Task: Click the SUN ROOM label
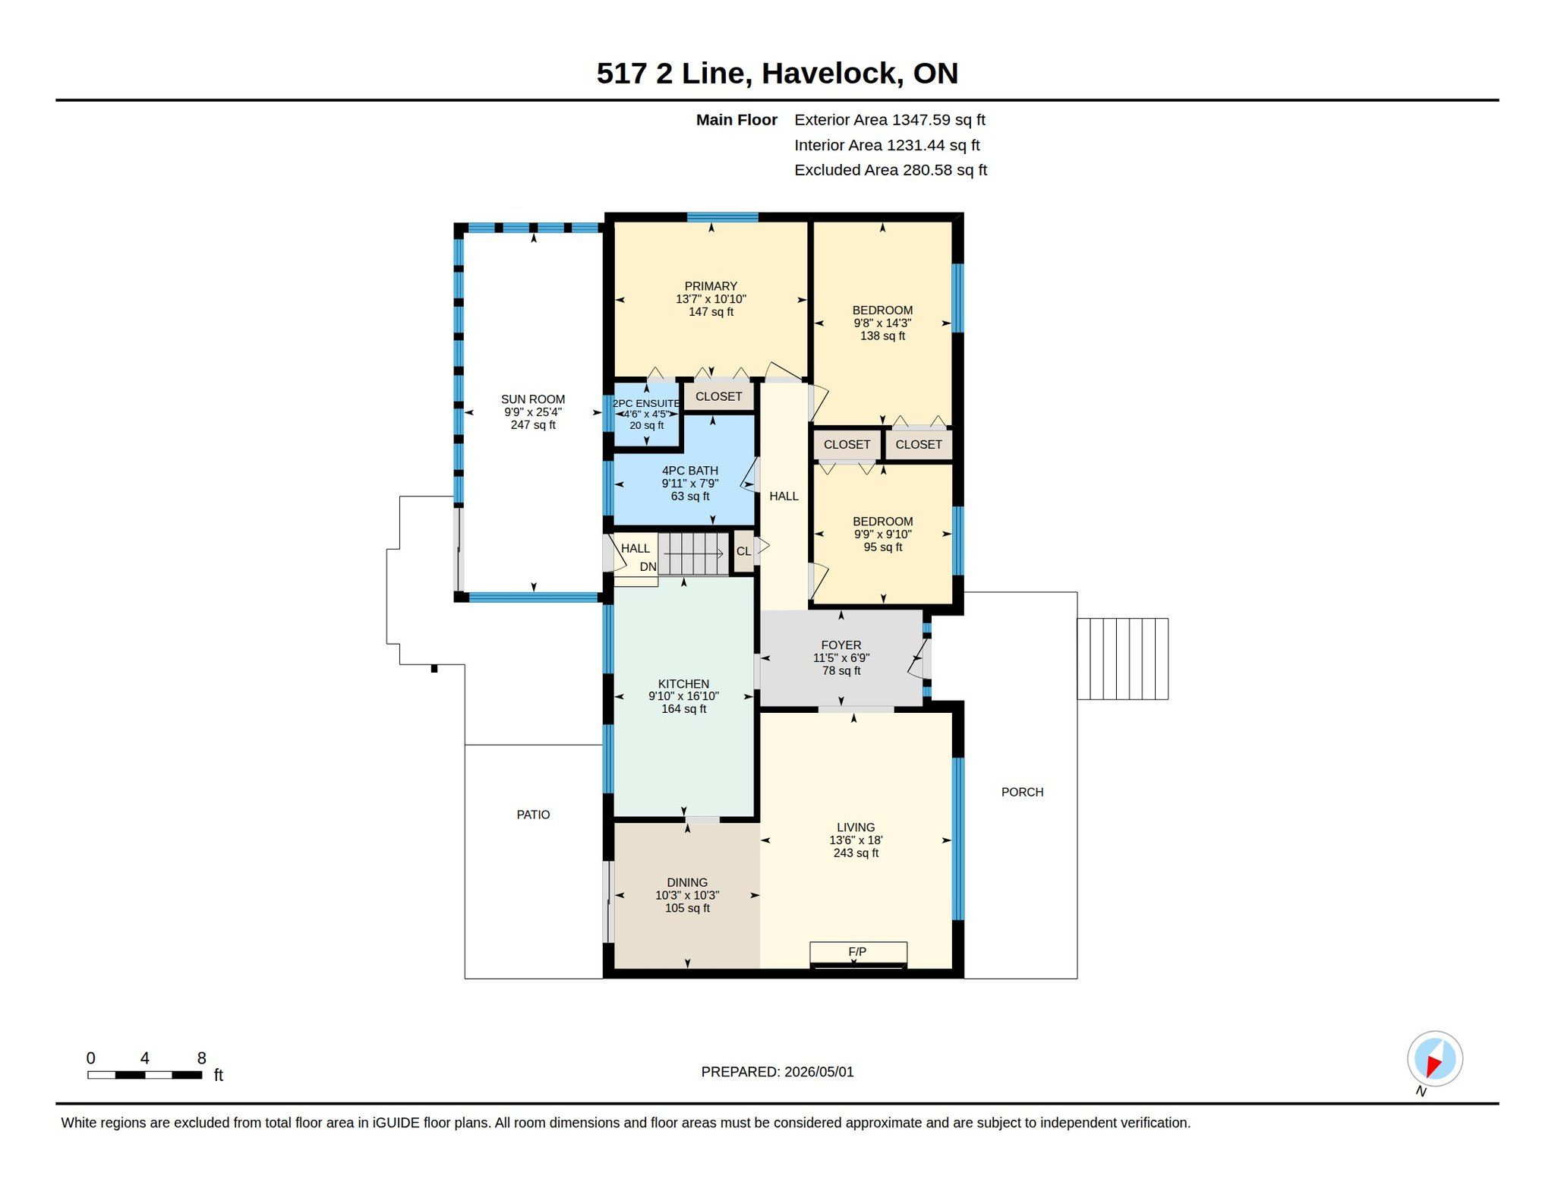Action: click(x=533, y=399)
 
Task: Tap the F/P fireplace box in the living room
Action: click(x=858, y=952)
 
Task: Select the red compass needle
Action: click(x=1434, y=1066)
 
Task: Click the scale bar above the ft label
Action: click(x=144, y=1075)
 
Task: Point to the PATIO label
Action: click(x=533, y=815)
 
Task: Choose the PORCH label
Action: click(x=1022, y=792)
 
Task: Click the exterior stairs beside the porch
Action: click(x=1122, y=659)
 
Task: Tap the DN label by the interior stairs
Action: click(x=648, y=567)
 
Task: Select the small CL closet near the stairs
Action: click(x=743, y=551)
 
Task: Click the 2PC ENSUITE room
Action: click(x=646, y=415)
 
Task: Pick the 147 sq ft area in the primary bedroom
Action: click(x=711, y=312)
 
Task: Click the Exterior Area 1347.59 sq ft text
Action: click(x=890, y=120)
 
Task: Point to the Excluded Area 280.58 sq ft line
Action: click(x=891, y=170)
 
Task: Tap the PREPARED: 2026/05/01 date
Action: click(x=777, y=1072)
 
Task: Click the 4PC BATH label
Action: click(x=689, y=471)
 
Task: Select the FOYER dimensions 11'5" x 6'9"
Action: click(x=841, y=658)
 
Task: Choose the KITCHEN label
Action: click(x=683, y=684)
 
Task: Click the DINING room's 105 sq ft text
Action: click(x=687, y=908)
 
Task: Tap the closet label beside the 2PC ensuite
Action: click(x=718, y=396)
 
